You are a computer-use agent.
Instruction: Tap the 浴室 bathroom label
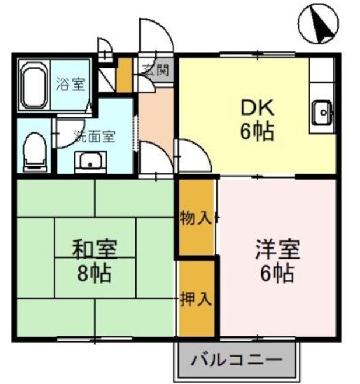pyautogui.click(x=71, y=85)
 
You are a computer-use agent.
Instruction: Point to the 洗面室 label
pyautogui.click(x=94, y=138)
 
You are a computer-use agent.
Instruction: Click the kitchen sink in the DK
pyautogui.click(x=321, y=113)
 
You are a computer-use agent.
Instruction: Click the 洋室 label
pyautogui.click(x=277, y=249)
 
